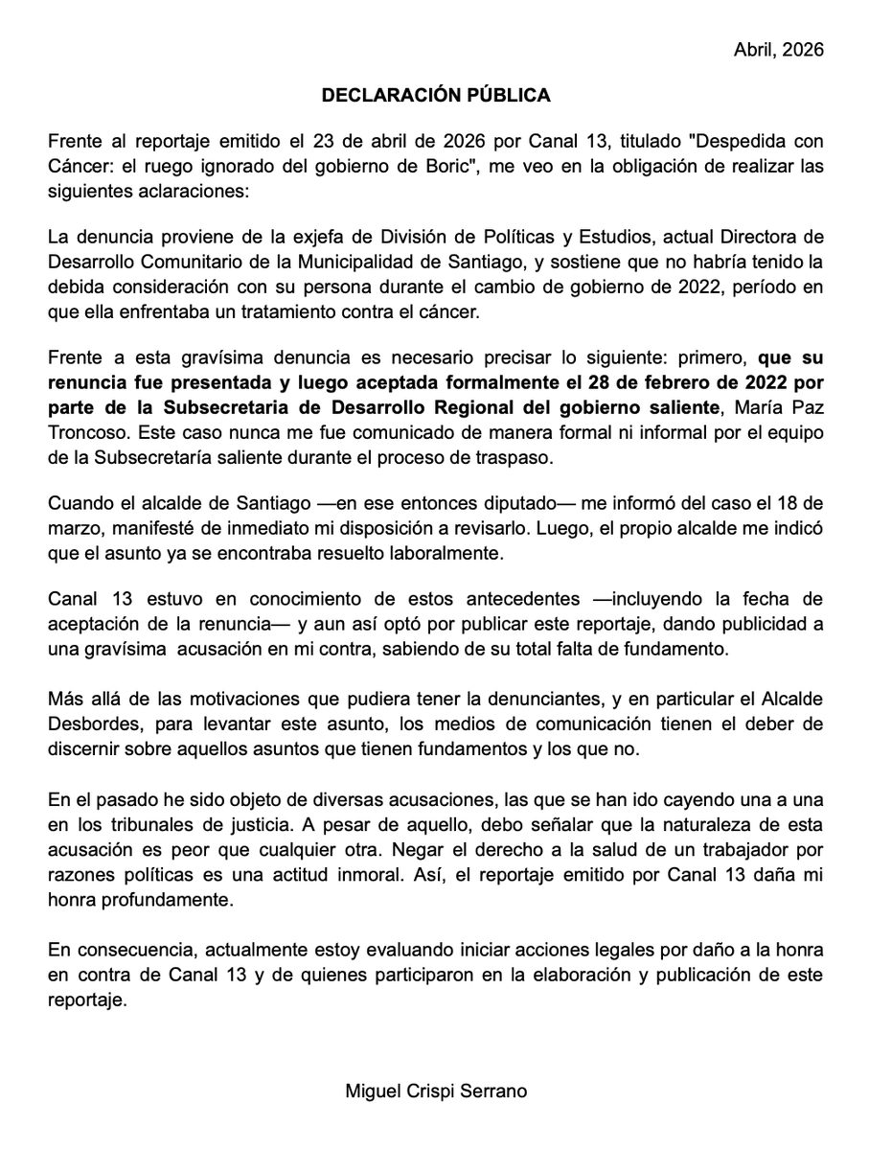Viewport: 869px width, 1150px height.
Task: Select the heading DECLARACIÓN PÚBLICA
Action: click(435, 95)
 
